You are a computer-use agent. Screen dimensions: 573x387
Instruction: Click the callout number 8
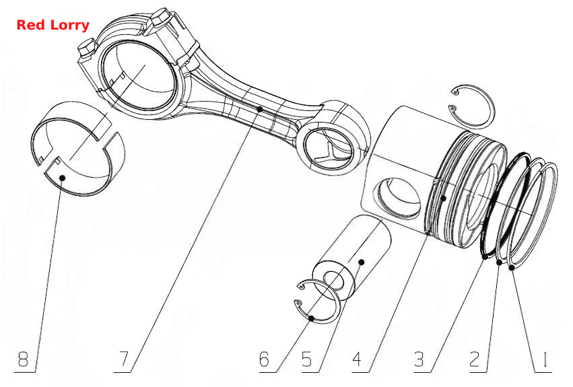[x=23, y=359]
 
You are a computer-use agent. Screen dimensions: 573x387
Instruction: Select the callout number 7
[x=125, y=359]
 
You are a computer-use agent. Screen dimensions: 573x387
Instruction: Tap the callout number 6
[x=264, y=359]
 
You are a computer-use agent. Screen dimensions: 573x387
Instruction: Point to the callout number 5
[x=307, y=359]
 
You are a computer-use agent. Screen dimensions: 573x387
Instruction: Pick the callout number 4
[x=358, y=359]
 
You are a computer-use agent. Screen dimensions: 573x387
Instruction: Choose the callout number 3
[x=419, y=359]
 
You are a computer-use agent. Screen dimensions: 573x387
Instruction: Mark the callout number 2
[x=474, y=359]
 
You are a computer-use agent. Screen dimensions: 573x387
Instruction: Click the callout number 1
[x=545, y=359]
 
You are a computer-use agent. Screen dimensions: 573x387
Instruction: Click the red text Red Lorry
[x=53, y=25]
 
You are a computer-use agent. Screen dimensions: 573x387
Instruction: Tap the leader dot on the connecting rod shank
[x=260, y=109]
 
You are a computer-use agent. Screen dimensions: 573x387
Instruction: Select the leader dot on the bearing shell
[x=63, y=178]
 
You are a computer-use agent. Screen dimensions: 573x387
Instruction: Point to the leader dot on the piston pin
[x=362, y=262]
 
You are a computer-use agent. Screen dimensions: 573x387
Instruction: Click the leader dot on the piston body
[x=443, y=198]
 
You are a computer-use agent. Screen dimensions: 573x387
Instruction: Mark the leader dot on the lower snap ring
[x=311, y=318]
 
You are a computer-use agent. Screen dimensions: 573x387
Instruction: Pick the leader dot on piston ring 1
[x=512, y=268]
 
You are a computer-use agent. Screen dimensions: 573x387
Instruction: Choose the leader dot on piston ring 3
[x=485, y=256]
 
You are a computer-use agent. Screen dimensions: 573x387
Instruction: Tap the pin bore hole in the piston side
[x=399, y=198]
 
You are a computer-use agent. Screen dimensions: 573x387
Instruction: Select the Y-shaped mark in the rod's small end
[x=330, y=151]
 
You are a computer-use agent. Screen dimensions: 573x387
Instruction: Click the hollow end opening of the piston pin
[x=334, y=281]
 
